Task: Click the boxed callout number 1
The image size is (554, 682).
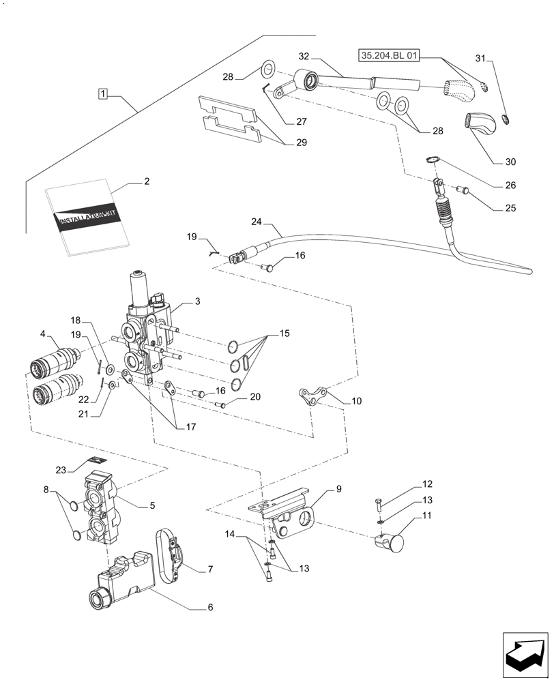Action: (x=102, y=93)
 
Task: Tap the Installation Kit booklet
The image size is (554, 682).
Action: (x=87, y=220)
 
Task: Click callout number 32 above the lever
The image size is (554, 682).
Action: (x=304, y=56)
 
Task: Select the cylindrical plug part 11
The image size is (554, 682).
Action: (x=390, y=543)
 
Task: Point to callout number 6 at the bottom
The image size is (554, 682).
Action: (x=210, y=606)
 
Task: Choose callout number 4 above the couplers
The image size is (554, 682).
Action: (x=43, y=334)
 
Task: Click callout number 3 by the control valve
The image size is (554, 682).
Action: (x=196, y=301)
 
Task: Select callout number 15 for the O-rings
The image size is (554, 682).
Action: (x=284, y=334)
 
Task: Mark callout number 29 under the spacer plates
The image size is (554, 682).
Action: (x=301, y=143)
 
